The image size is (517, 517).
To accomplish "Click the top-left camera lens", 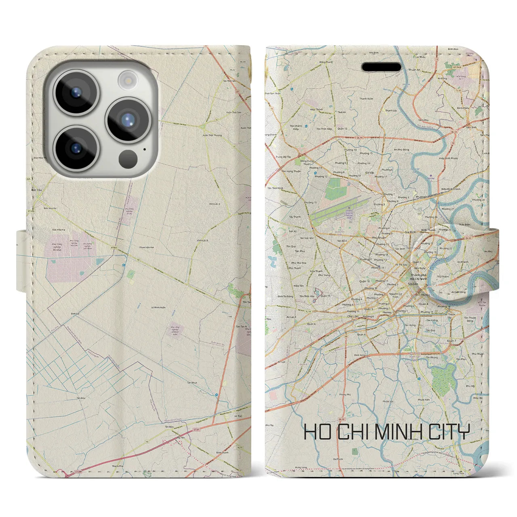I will point(76,92).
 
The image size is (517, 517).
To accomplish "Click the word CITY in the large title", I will point(450,432).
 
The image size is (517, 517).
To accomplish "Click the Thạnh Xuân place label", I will point(366,99).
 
